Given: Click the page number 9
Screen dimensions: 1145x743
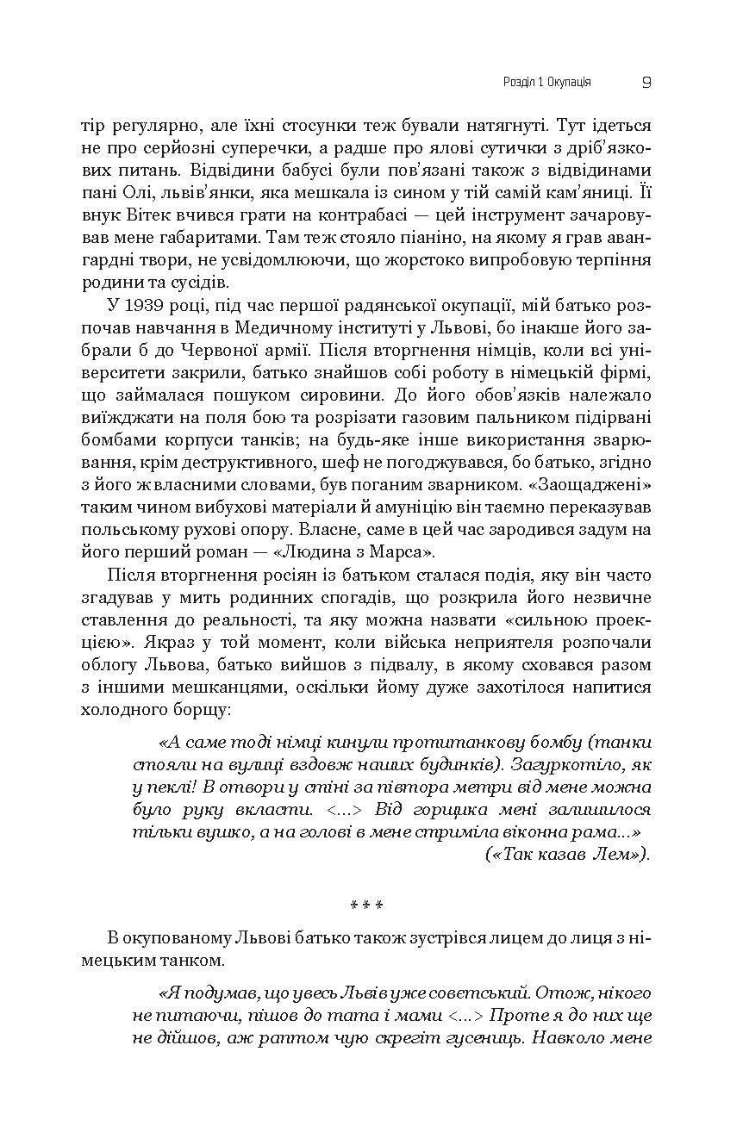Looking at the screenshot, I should coord(646,83).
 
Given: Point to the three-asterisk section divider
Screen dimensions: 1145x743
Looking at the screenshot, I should coord(365,905).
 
